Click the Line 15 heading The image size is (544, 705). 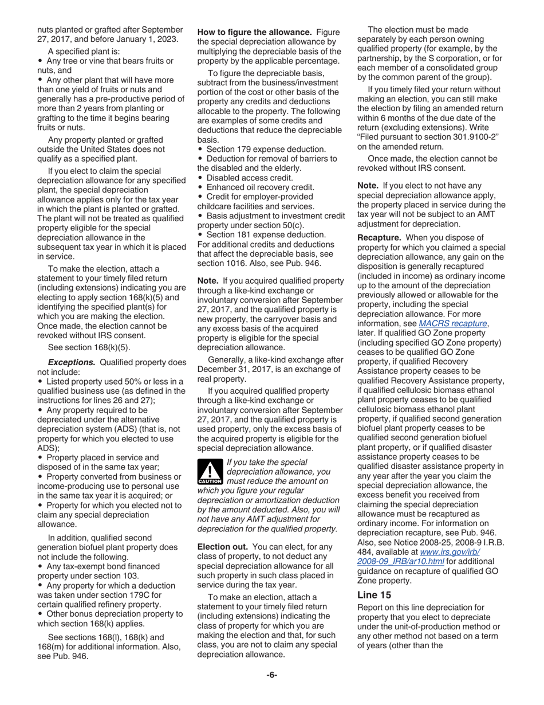coord(375,596)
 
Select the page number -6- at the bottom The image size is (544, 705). coord(271,675)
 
